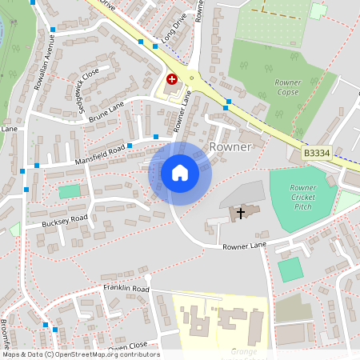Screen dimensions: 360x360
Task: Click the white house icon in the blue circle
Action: tap(179, 173)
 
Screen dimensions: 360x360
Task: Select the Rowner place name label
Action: tap(230, 147)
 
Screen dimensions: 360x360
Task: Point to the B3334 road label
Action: tap(317, 151)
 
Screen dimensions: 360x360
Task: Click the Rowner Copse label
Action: tap(287, 87)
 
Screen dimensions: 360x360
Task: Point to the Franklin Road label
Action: tap(126, 288)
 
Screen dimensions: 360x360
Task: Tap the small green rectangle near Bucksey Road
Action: tap(70, 191)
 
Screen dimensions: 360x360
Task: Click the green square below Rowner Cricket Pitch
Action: tap(290, 269)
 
